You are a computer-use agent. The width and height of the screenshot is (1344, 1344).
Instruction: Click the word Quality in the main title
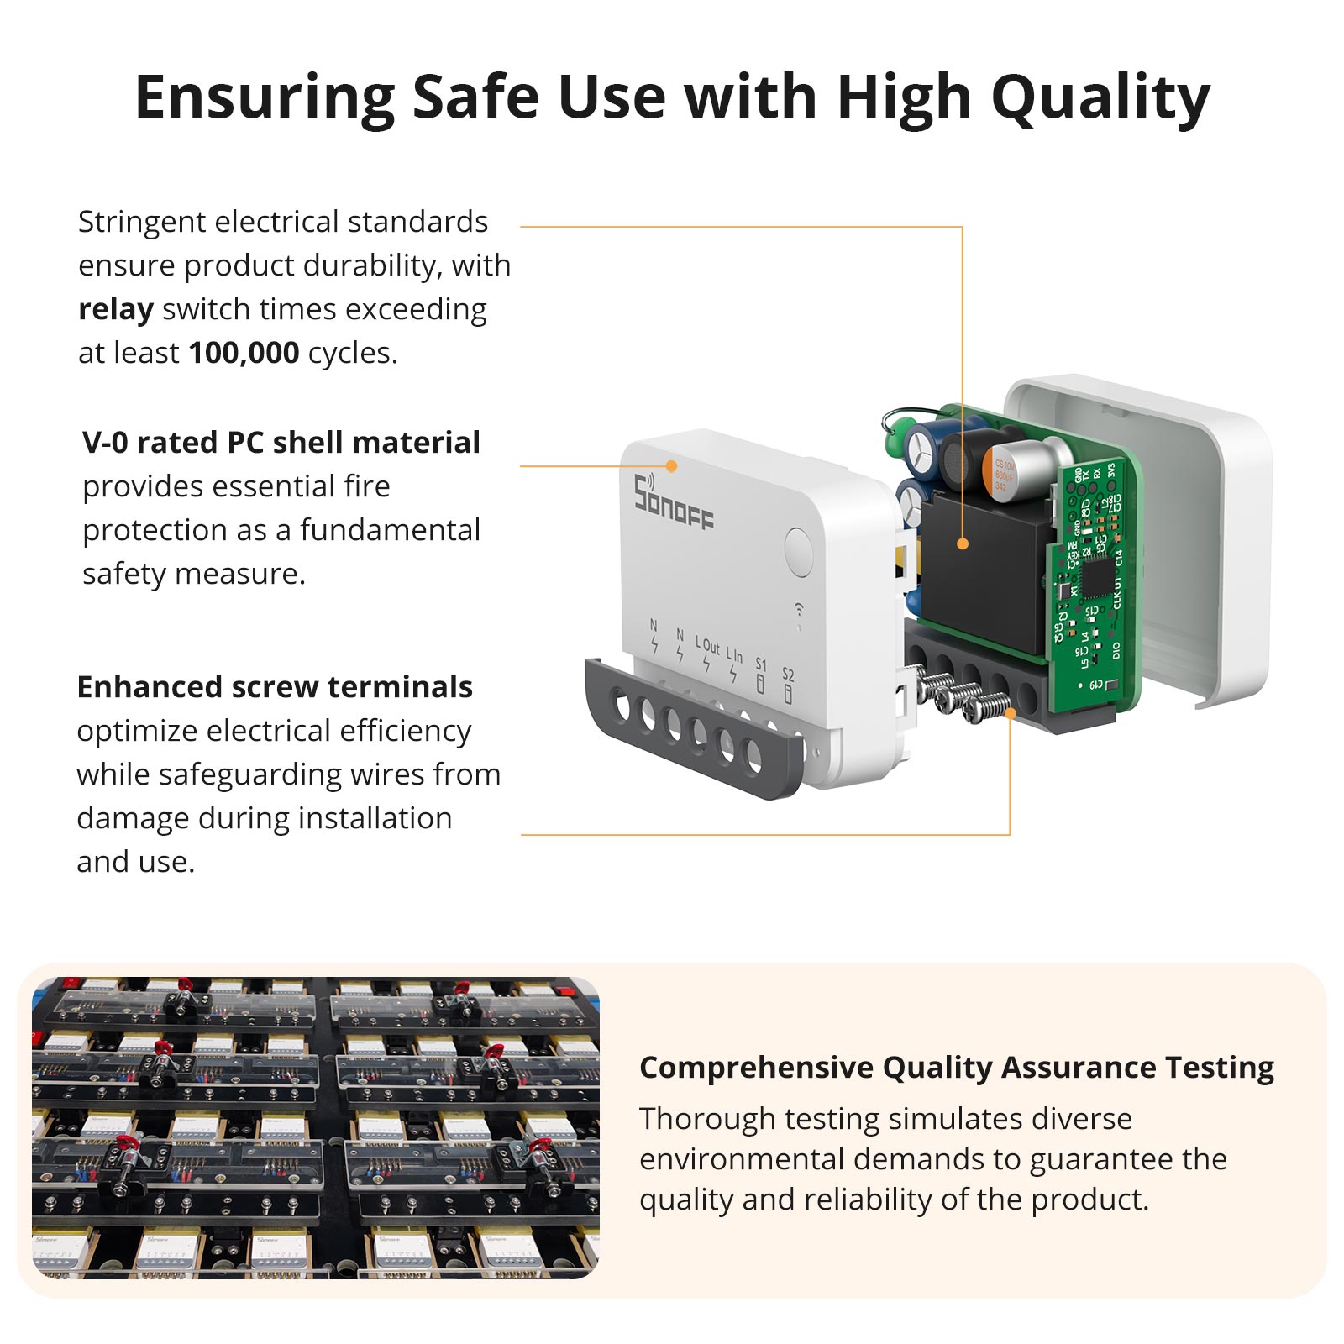click(1100, 99)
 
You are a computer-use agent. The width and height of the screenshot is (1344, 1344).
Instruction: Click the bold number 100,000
click(244, 353)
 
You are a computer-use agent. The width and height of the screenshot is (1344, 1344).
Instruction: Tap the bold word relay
click(115, 310)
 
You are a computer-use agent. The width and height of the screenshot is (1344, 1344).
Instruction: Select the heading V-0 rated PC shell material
click(281, 443)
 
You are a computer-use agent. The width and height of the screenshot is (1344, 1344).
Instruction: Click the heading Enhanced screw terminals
click(274, 687)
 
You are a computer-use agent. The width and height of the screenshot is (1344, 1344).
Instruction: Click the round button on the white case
click(798, 552)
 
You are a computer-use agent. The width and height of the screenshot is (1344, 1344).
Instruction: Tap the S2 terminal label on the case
click(788, 675)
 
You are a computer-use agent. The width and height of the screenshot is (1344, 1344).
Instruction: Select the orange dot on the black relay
click(963, 544)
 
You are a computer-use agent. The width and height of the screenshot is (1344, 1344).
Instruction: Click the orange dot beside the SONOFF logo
click(671, 466)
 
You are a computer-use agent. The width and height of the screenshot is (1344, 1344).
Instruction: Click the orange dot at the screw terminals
click(1010, 714)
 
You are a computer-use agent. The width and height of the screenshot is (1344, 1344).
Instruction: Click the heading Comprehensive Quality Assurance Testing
click(956, 1068)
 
